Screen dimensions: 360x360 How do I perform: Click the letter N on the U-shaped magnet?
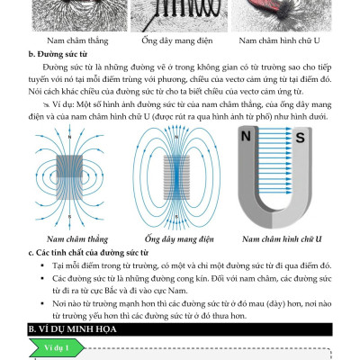(x=246, y=137)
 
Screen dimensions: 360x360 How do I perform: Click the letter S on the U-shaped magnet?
(x=300, y=138)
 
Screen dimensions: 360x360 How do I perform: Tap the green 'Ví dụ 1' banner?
(x=57, y=347)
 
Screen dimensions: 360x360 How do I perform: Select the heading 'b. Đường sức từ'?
(x=58, y=54)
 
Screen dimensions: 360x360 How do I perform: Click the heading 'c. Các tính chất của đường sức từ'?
(x=88, y=253)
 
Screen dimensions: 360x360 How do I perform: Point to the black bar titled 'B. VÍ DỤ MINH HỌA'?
(x=180, y=329)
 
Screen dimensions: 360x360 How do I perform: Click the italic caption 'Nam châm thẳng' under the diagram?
(x=77, y=239)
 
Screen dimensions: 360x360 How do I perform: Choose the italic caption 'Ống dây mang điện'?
(x=179, y=239)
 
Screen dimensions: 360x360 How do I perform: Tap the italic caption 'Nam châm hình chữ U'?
(x=282, y=239)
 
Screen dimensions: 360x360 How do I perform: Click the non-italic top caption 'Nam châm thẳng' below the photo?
(x=77, y=40)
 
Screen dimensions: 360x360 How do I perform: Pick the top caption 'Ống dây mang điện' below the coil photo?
(x=177, y=40)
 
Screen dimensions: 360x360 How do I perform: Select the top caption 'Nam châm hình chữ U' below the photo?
(x=279, y=40)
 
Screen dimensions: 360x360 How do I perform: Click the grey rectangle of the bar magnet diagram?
(x=69, y=177)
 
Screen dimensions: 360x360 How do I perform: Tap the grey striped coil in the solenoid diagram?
(x=176, y=177)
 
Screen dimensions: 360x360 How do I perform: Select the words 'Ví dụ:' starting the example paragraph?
(x=63, y=104)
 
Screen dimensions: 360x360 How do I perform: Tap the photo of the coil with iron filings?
(x=179, y=15)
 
